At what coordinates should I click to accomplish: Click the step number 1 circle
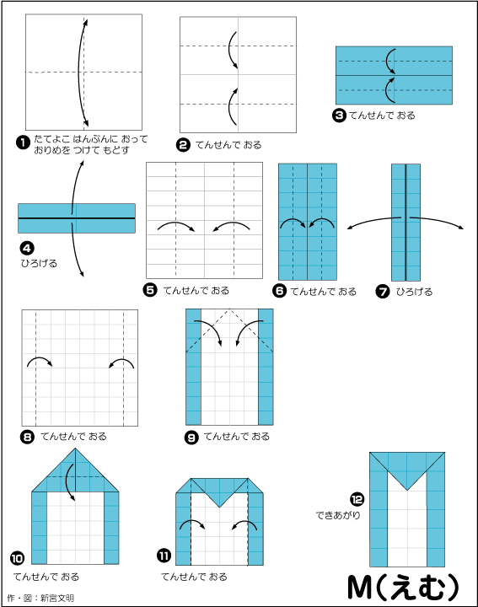[23, 142]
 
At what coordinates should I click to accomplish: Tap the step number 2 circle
[183, 145]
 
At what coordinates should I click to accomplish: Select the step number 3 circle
[339, 115]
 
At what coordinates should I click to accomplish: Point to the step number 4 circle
[28, 248]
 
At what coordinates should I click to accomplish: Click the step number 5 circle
[150, 290]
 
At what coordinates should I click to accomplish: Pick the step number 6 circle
[279, 291]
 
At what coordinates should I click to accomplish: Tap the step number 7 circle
[383, 291]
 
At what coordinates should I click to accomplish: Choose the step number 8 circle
[27, 437]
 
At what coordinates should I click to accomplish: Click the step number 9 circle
[191, 438]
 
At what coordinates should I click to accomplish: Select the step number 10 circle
[17, 558]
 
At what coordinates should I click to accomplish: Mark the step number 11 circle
[164, 556]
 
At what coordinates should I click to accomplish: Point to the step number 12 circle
[357, 499]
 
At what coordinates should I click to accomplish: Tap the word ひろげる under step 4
[39, 263]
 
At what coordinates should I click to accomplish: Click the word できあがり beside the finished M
[338, 515]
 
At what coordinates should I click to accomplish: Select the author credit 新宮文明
[56, 598]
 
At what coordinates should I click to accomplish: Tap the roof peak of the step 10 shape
[76, 449]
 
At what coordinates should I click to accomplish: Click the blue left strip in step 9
[194, 367]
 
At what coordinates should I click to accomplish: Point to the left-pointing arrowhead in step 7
[349, 228]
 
